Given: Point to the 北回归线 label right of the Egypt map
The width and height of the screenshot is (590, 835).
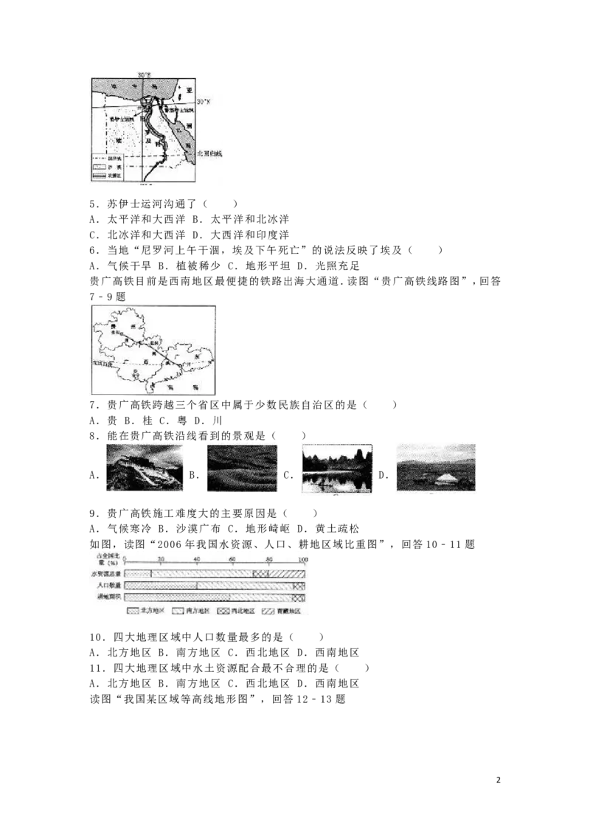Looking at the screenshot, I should [209, 153].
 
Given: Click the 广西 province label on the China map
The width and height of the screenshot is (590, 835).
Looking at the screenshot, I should [136, 363].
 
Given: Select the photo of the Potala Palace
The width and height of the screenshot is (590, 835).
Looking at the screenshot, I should [147, 468].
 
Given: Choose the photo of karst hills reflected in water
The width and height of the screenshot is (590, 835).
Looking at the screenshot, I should [339, 468].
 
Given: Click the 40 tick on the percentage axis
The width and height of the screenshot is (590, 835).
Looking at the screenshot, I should [197, 560].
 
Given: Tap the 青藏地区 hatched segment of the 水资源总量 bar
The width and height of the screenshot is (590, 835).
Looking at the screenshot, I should [286, 573].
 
